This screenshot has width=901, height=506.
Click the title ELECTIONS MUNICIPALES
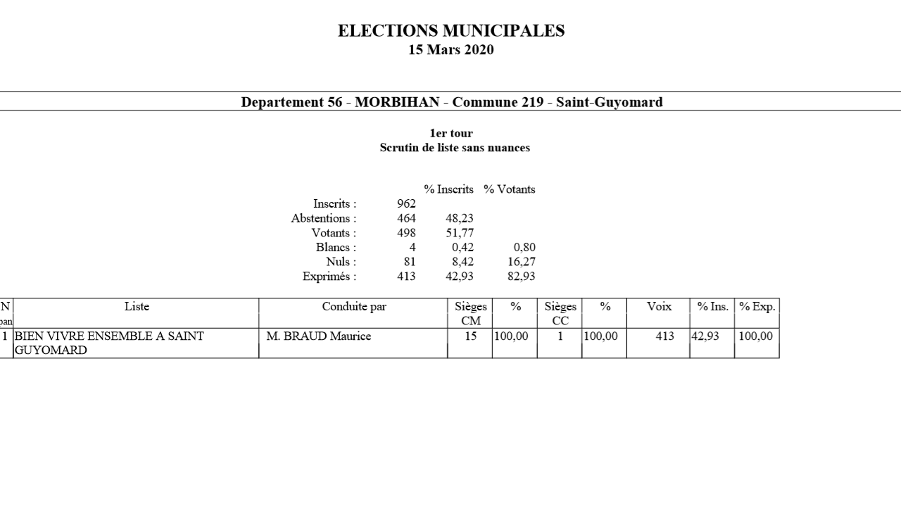(x=450, y=31)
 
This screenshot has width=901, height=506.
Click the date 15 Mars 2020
(x=450, y=50)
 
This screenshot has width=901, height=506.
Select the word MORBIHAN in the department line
(x=397, y=102)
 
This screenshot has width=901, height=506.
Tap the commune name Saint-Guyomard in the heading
(x=609, y=102)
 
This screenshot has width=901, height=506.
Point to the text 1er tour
(x=451, y=133)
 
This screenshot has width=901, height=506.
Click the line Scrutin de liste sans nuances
(x=455, y=148)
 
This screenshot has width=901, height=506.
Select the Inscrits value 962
(x=406, y=204)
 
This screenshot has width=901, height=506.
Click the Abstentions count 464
(x=406, y=218)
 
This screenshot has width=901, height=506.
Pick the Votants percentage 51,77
(x=459, y=233)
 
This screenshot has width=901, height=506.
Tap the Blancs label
(x=336, y=248)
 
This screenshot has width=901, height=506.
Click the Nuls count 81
(x=410, y=262)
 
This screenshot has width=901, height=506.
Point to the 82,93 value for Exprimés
(x=520, y=277)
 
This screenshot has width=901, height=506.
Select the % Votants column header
(x=509, y=189)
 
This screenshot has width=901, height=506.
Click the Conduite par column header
(x=354, y=307)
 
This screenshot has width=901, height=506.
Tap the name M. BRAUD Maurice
(x=318, y=336)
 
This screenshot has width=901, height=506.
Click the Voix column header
(x=659, y=307)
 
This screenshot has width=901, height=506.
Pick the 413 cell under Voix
(x=664, y=336)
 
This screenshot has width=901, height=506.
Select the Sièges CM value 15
(x=470, y=336)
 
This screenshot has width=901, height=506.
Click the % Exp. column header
(x=757, y=307)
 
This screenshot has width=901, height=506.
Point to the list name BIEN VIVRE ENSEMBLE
(x=109, y=336)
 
